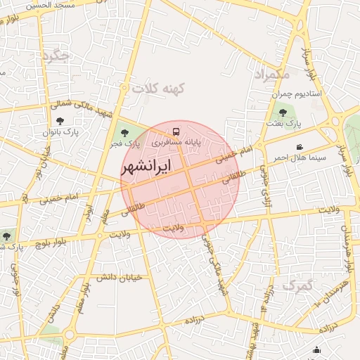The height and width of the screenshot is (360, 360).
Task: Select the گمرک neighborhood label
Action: [296, 285]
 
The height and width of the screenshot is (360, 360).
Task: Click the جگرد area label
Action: [56, 56]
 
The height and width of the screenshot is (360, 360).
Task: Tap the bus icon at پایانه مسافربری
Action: [176, 131]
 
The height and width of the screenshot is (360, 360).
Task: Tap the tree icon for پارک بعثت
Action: [283, 112]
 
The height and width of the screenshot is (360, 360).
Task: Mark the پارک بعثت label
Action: [283, 123]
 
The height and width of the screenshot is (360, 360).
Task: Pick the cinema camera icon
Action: [300, 147]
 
